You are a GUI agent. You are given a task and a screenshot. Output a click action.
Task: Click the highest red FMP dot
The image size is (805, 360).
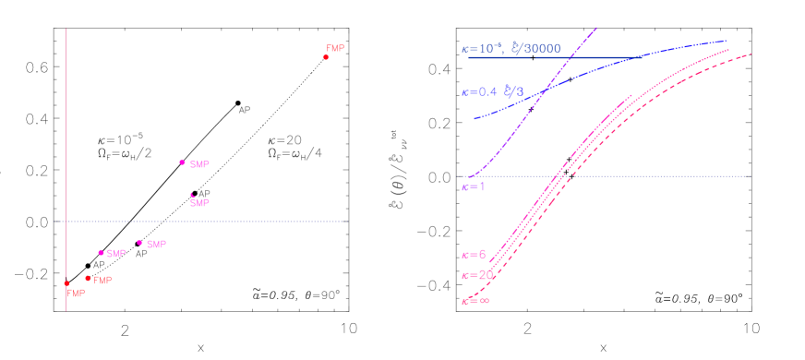click(326, 57)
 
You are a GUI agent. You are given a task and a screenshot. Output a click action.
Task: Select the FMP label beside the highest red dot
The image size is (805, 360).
click(336, 48)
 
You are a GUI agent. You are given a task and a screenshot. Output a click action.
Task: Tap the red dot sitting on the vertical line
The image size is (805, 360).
click(66, 282)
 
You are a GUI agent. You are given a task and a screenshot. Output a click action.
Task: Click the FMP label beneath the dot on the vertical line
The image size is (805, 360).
click(77, 293)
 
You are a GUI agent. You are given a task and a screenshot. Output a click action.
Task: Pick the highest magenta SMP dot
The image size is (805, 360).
click(182, 162)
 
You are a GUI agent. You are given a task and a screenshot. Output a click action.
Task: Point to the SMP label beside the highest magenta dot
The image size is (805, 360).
click(199, 164)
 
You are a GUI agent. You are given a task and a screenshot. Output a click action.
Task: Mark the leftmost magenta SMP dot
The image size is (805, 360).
click(102, 252)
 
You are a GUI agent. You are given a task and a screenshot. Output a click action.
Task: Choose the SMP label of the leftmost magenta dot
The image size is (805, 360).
click(116, 254)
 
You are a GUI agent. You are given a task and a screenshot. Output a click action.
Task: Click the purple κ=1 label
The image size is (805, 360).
click(474, 187)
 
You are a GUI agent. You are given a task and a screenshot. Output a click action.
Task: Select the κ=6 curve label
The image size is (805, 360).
click(474, 254)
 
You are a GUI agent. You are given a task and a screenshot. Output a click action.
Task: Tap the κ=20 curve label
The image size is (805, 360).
click(476, 275)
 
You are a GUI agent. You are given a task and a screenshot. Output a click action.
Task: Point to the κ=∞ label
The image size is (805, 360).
click(475, 299)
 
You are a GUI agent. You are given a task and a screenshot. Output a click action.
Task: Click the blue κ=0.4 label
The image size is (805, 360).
click(479, 91)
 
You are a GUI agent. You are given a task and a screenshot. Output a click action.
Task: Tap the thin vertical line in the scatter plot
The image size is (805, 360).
click(66, 138)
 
